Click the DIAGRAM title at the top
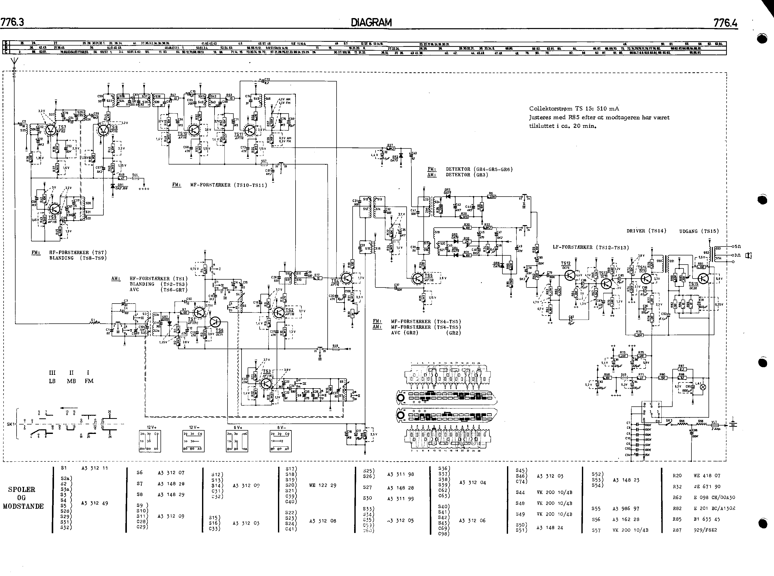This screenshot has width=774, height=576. (371, 23)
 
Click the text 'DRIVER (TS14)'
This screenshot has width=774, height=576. (646, 231)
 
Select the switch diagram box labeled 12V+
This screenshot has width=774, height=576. (150, 441)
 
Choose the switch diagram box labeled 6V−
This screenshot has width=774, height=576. (281, 441)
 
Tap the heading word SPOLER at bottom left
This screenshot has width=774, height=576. (22, 489)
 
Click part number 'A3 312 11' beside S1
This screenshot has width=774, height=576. (95, 468)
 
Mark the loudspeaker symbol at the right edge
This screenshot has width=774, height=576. (748, 256)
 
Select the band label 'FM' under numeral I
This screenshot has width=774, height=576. (89, 381)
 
